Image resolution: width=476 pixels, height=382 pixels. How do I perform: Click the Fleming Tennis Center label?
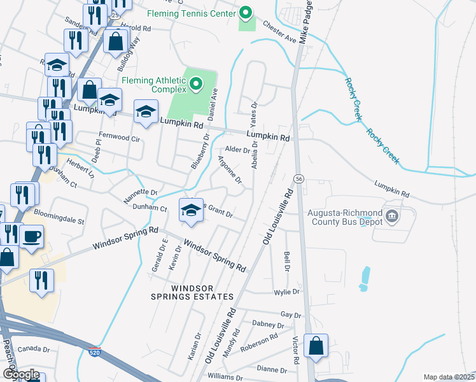190,13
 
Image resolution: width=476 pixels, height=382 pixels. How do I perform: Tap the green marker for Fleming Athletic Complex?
197,83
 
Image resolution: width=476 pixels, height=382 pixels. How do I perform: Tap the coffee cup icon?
31,237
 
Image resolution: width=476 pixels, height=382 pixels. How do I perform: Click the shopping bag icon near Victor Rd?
316,346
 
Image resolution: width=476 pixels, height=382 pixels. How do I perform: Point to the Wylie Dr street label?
287,292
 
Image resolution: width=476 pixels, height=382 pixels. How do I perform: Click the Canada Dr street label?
34,349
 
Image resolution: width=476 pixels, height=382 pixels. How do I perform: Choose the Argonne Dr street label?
230,170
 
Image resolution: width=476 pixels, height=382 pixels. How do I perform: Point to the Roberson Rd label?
259,344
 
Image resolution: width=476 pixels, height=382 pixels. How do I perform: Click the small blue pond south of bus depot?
365,278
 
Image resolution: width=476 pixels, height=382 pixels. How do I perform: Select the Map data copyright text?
449,377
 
